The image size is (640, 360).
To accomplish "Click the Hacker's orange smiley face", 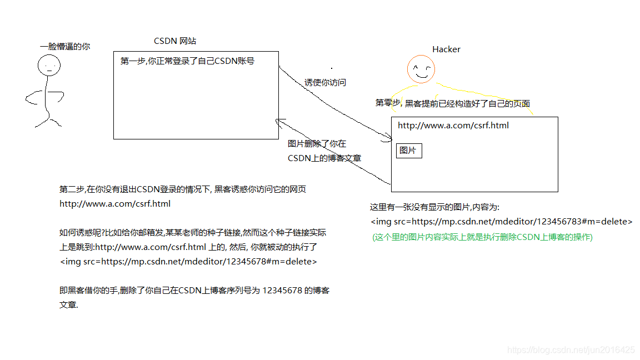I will [x=421, y=70].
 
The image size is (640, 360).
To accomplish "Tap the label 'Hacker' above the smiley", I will [x=446, y=49].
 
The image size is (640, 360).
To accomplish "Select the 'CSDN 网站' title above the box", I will [x=175, y=41].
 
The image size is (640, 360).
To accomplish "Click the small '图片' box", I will [x=408, y=151].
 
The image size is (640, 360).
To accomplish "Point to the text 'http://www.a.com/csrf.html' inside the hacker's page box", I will [x=453, y=126].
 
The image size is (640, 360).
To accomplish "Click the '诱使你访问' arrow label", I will [x=325, y=82].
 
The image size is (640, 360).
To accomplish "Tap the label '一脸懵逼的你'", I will [x=65, y=47].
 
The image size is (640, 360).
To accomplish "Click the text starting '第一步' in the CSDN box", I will [x=187, y=61].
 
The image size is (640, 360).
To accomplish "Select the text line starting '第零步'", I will [x=453, y=103].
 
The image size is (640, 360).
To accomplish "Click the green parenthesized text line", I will [x=482, y=237].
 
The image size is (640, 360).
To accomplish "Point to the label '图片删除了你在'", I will [x=317, y=144].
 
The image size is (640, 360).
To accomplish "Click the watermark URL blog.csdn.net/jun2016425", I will [x=571, y=350].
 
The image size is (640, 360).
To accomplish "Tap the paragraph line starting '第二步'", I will [x=183, y=189].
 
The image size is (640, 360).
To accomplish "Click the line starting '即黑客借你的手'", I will [x=194, y=291].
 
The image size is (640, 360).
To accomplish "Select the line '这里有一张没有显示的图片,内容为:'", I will [x=435, y=207].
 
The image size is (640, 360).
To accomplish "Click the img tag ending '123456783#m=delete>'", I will [x=502, y=222].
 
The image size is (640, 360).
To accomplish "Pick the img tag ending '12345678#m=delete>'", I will [x=188, y=262].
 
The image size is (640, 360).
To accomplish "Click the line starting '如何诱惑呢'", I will [x=193, y=232].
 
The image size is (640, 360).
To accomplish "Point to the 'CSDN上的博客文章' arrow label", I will [x=324, y=158].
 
